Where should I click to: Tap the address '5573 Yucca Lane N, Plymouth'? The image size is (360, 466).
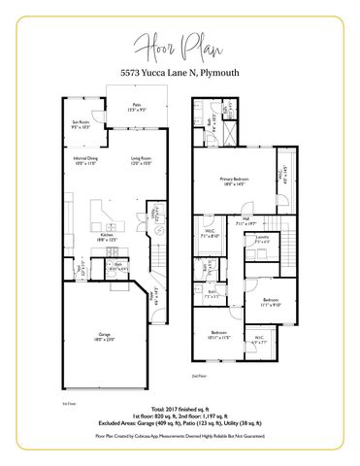(x=180, y=72)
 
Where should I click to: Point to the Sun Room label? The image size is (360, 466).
(x=81, y=124)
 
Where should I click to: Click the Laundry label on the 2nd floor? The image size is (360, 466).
(x=262, y=238)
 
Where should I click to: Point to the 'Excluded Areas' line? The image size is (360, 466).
(x=180, y=424)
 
